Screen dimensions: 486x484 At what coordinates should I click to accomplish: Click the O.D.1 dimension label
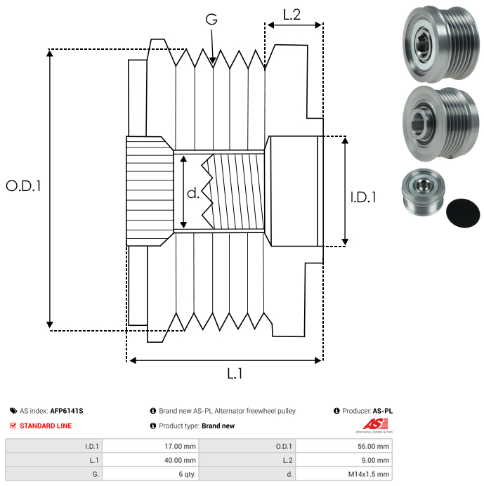tap(23, 186)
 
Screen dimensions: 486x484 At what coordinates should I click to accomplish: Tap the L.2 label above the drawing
tap(292, 14)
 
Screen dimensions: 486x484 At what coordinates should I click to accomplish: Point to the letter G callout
tap(211, 20)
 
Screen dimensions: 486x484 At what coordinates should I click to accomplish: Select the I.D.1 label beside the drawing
tap(363, 198)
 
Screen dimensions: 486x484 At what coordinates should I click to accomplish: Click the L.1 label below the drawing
tap(234, 374)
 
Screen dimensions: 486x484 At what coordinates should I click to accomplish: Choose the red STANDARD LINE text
tap(45, 426)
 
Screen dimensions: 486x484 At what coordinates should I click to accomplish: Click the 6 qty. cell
tap(186, 474)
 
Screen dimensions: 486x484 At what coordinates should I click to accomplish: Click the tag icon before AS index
tap(13, 411)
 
